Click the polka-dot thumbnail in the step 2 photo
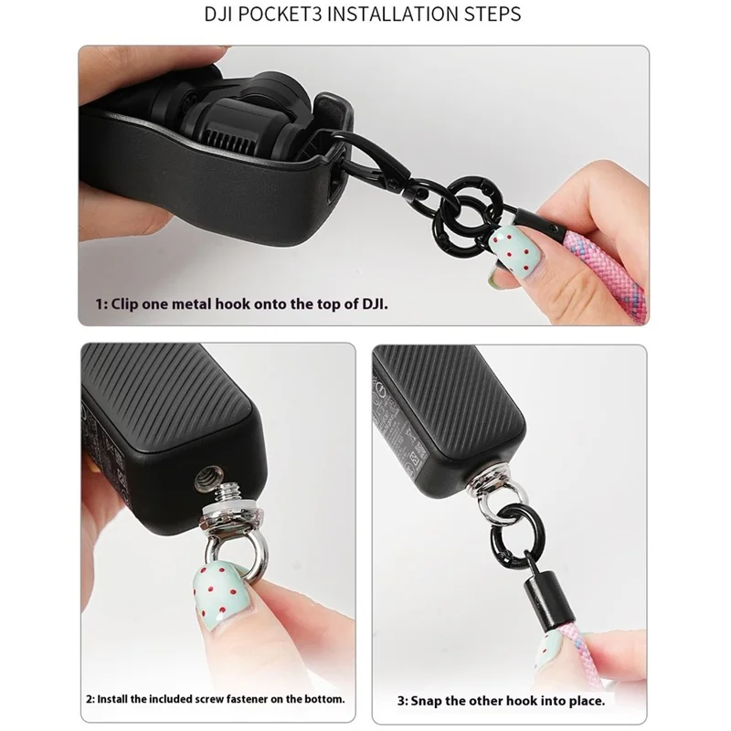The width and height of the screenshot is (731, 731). (x=219, y=599)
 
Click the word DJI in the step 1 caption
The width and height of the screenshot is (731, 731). (x=374, y=303)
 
